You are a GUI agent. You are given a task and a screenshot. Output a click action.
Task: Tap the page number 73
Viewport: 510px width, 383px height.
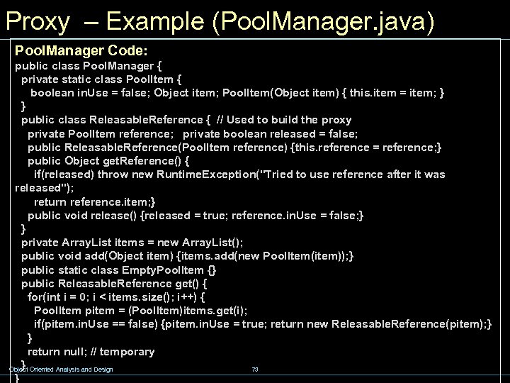[x=255, y=369]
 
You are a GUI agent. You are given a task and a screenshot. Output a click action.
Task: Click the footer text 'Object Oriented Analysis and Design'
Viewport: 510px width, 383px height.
[x=61, y=369]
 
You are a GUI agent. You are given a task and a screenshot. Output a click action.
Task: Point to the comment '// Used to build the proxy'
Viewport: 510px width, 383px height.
[x=283, y=120]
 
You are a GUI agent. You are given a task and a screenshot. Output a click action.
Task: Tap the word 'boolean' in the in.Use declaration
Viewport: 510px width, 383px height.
[x=53, y=93]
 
